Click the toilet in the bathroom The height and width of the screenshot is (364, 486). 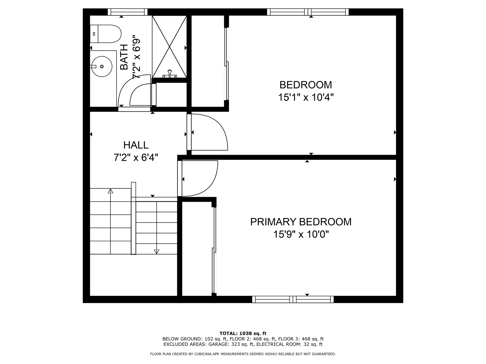coord(106,34)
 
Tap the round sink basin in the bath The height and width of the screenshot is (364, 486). coord(102,66)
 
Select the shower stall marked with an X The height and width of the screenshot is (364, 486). coord(169,47)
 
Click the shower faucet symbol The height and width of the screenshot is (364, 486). coord(170,74)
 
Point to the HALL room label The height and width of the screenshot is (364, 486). coord(136,145)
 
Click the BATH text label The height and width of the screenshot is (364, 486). coord(124,57)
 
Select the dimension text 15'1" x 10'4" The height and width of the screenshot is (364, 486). coord(306,97)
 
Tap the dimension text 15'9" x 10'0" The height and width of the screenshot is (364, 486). coord(301,234)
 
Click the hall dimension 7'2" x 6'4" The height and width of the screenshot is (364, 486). coord(136,158)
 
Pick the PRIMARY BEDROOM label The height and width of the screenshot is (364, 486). coord(301,222)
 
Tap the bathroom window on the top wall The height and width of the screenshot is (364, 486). coord(128,12)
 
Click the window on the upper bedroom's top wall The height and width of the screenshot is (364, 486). coord(308,12)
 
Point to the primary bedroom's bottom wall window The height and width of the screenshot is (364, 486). coord(293,299)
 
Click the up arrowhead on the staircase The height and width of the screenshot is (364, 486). coord(110,191)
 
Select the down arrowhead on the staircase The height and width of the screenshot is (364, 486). coord(157,252)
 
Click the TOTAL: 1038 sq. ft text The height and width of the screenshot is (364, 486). coord(243,333)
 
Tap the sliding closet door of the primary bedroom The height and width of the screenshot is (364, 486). coord(214,250)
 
